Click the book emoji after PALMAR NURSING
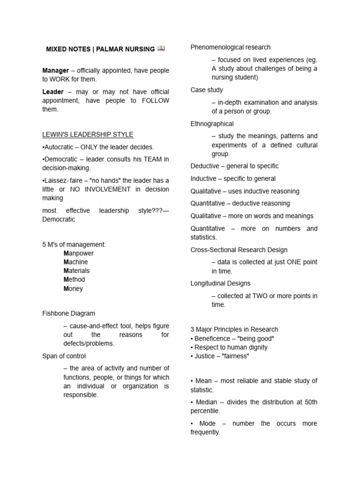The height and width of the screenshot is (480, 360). click(161, 48)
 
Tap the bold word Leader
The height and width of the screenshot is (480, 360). click(52, 92)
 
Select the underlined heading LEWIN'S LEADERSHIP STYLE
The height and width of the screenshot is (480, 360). click(88, 135)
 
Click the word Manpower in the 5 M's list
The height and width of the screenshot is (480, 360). click(79, 253)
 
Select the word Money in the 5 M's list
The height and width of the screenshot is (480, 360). click(73, 289)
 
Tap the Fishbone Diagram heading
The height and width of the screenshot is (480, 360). click(68, 313)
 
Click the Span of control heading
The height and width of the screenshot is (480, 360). click(64, 356)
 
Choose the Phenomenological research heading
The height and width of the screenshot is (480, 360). click(230, 47)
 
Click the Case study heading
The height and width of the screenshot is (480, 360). click(207, 90)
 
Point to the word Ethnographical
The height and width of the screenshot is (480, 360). click(212, 124)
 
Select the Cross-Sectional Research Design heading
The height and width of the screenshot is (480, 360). click(239, 250)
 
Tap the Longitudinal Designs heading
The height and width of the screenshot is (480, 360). click(220, 283)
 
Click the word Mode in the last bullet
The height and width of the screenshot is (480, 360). click(208, 423)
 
